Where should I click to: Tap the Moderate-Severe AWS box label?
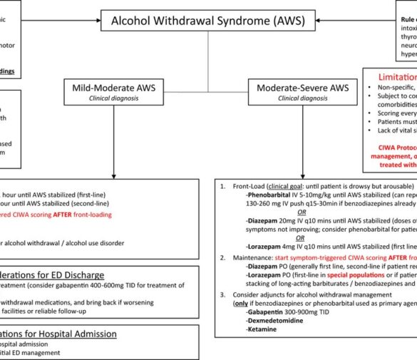(x=299, y=88)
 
